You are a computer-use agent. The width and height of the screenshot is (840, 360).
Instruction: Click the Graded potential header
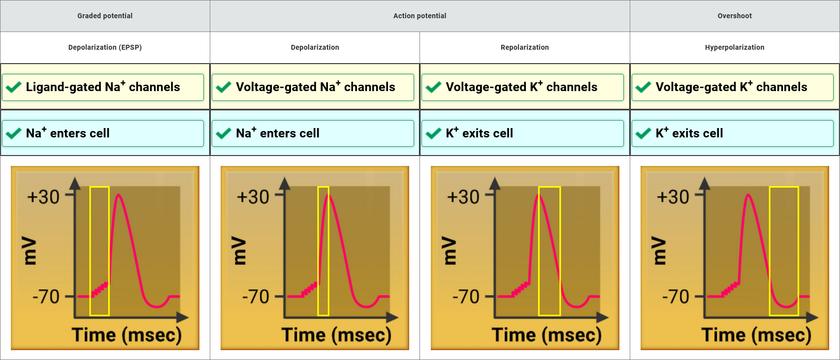tap(105, 16)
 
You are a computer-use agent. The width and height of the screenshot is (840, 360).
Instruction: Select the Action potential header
tap(420, 16)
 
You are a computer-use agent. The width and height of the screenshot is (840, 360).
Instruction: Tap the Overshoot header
tap(735, 16)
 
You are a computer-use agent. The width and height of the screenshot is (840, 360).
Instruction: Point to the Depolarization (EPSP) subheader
tap(105, 47)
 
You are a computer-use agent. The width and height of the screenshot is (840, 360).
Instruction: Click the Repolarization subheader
tap(524, 47)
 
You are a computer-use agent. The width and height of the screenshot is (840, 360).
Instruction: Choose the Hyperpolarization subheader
tap(735, 47)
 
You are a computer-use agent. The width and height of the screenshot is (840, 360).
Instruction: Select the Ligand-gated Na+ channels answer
tap(103, 87)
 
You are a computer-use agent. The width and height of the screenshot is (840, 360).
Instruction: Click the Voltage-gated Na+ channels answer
tap(315, 87)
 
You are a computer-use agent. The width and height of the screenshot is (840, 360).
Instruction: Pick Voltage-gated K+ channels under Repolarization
tap(521, 87)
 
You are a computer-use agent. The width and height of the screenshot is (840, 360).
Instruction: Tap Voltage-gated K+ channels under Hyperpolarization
tap(731, 87)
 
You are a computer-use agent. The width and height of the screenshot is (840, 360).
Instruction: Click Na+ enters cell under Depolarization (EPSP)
tap(68, 133)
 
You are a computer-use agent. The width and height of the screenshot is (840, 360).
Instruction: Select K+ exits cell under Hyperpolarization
tap(689, 133)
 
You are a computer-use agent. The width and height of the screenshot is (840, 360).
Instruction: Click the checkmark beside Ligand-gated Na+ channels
tap(13, 87)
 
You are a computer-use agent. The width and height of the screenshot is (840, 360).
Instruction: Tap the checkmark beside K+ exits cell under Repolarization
tap(433, 133)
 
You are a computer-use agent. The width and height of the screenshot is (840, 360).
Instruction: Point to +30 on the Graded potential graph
tap(43, 197)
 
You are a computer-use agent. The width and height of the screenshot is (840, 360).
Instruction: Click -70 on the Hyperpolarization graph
tap(676, 296)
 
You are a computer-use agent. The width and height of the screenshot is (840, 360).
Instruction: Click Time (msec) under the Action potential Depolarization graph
tap(337, 335)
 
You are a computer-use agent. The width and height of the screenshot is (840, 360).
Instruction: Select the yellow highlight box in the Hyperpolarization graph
tap(784, 251)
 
